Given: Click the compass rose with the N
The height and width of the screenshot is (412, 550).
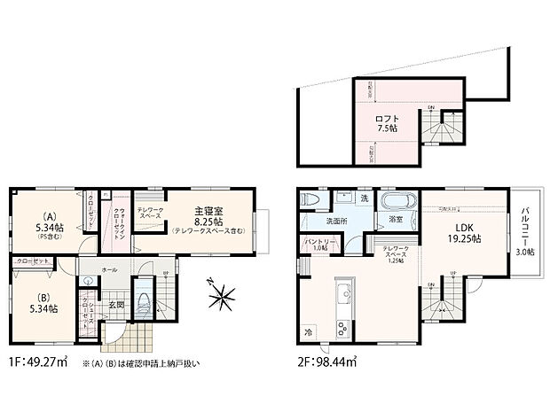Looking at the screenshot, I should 222,295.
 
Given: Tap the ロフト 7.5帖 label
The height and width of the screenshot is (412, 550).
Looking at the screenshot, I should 386,123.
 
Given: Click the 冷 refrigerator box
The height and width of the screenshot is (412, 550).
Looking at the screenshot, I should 309,332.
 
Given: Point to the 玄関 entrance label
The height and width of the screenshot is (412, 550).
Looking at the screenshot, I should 115,305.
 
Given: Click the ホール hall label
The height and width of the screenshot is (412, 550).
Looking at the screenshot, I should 109,268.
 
